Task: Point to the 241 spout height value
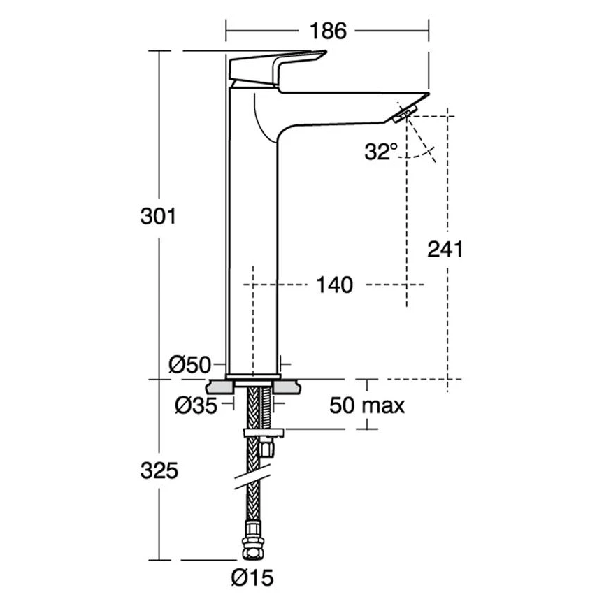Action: point(445,249)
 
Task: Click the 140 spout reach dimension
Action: point(334,285)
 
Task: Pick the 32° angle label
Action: point(380,151)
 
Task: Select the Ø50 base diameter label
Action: point(190,364)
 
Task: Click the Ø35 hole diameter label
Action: point(194,404)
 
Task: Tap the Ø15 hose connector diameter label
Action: point(252,577)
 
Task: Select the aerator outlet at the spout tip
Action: point(405,113)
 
